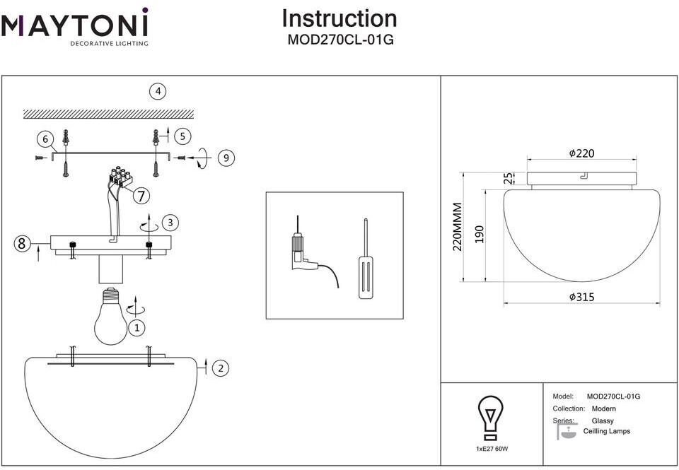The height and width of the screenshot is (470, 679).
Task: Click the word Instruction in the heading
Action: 339,18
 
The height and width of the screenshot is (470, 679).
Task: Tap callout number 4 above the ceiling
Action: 158,91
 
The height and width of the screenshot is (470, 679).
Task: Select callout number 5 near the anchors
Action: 182,136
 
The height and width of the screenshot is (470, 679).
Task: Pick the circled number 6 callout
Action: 46,139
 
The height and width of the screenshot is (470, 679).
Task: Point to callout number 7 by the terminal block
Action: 141,195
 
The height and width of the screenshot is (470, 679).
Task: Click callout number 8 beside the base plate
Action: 22,244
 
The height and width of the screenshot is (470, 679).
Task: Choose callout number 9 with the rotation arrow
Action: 226,158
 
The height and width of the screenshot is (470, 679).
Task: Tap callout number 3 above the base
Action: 169,223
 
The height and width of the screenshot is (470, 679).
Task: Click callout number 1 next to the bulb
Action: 137,327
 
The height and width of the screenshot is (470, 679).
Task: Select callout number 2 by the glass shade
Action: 221,368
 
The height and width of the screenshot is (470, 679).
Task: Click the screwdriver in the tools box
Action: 365,262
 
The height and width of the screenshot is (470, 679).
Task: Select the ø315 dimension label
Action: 581,298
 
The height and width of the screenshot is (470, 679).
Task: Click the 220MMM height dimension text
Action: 458,227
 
